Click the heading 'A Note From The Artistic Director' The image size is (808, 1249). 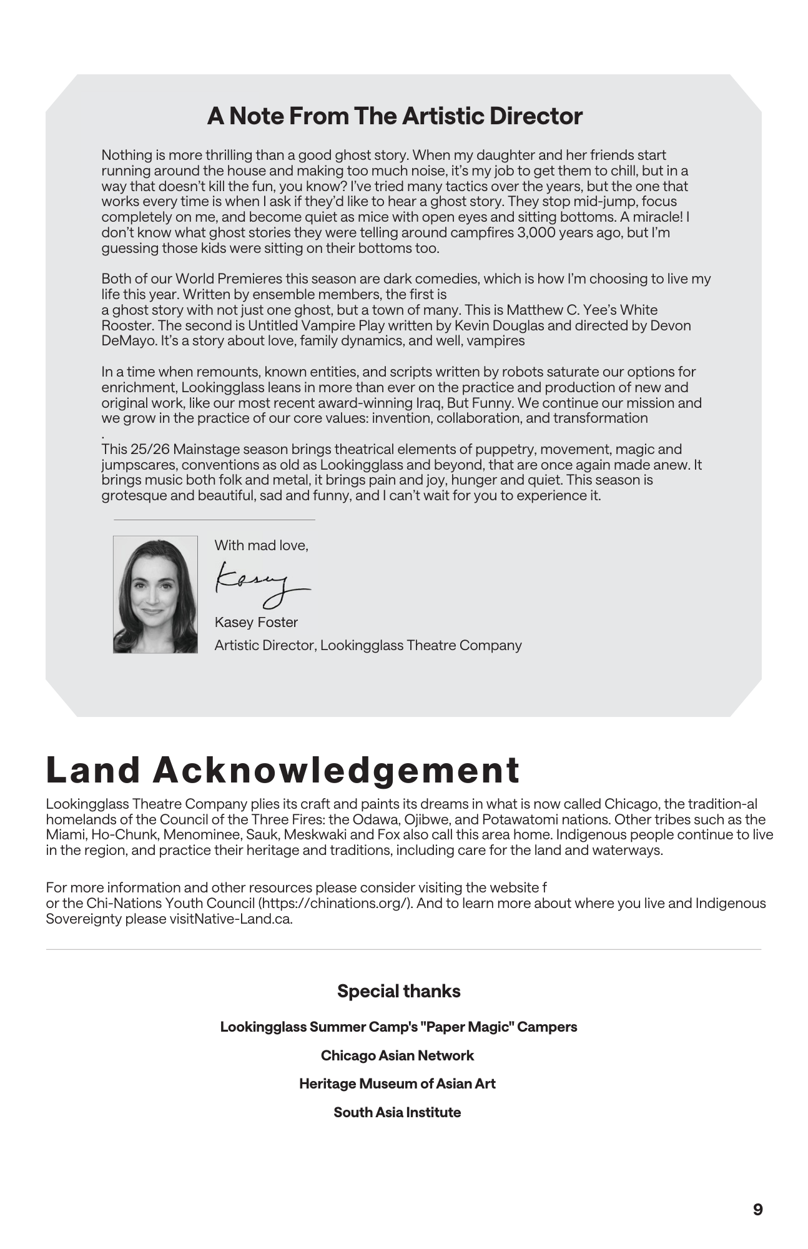[x=395, y=116]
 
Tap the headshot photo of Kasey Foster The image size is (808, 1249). [x=155, y=594]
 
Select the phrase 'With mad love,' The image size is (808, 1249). [x=261, y=545]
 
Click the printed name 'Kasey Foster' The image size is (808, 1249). [x=256, y=622]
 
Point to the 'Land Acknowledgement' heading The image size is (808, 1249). [x=283, y=770]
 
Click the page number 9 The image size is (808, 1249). [x=757, y=1210]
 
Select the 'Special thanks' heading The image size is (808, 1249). [x=398, y=991]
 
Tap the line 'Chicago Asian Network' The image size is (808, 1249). [x=397, y=1055]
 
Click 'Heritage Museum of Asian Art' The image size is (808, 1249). [x=397, y=1084]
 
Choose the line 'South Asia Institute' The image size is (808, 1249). [x=397, y=1112]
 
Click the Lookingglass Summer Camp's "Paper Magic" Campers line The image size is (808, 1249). [x=398, y=1027]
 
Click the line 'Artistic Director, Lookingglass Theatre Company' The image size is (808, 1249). [x=368, y=645]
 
